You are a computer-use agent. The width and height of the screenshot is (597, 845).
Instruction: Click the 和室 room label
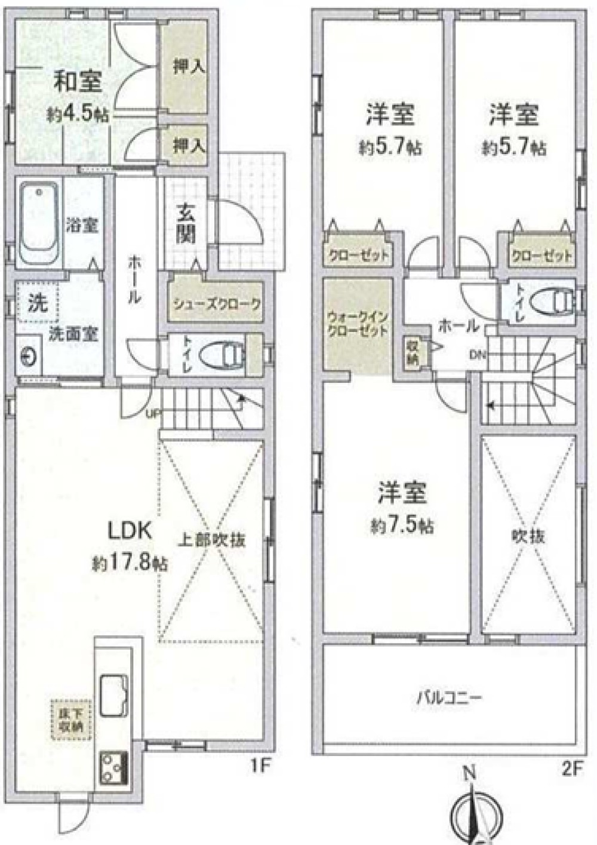coord(78,82)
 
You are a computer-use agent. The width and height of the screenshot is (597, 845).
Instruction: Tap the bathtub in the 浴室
coord(39,224)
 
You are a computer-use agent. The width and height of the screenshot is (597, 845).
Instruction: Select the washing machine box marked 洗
coord(38,303)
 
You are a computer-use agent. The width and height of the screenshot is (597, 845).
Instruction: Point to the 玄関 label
coord(186,224)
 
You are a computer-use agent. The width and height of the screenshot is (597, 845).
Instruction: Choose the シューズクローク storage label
coord(217,304)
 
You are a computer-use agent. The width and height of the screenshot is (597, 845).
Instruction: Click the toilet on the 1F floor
coord(223,354)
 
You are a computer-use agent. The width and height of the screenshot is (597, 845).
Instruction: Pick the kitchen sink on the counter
coord(115,694)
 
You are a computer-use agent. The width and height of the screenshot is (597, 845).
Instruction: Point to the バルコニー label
coord(449,697)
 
